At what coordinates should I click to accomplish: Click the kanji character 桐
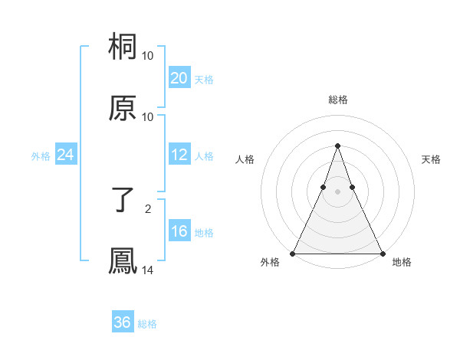(x=123, y=47)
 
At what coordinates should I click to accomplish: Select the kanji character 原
(x=123, y=108)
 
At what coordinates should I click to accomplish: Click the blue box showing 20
(x=179, y=78)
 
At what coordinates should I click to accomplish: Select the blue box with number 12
(x=179, y=155)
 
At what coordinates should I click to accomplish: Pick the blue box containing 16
(x=179, y=231)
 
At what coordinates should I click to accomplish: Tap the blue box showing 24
(x=66, y=155)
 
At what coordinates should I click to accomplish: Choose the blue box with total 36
(x=123, y=322)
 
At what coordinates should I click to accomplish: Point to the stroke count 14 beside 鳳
(x=148, y=270)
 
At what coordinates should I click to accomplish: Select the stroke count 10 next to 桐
(x=148, y=56)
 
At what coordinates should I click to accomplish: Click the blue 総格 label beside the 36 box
(x=147, y=324)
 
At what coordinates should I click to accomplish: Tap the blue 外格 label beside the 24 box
(x=41, y=155)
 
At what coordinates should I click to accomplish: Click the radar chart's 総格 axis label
(x=337, y=100)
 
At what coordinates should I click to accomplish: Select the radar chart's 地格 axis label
(x=402, y=262)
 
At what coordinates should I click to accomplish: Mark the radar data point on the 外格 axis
(x=293, y=253)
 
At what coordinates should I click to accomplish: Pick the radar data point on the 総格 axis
(x=337, y=146)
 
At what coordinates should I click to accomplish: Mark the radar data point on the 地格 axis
(x=382, y=253)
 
